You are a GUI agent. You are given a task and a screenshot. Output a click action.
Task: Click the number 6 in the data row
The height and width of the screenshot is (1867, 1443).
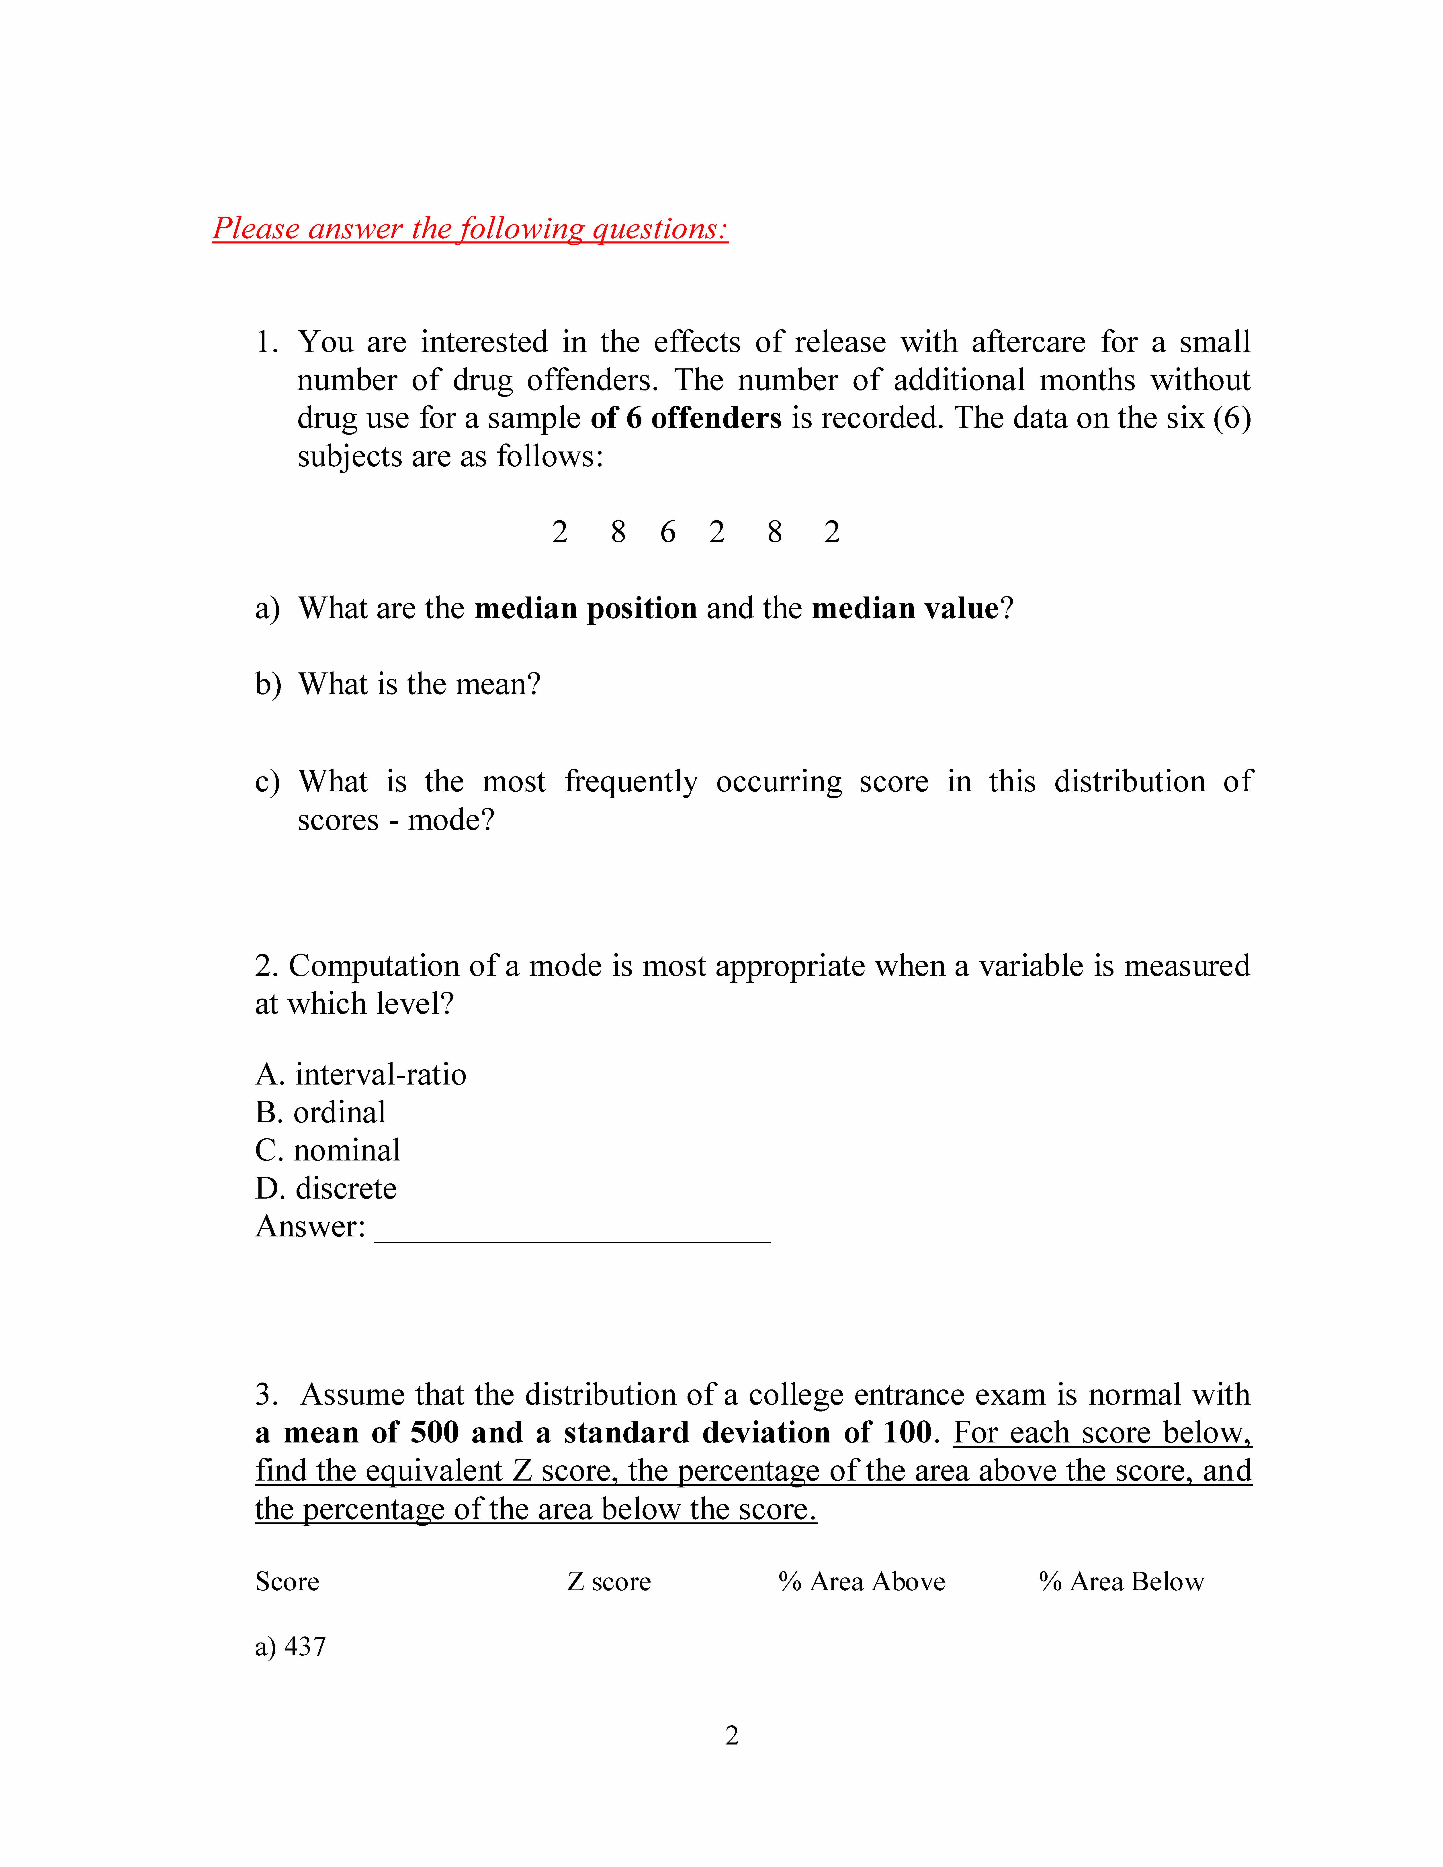[x=668, y=533]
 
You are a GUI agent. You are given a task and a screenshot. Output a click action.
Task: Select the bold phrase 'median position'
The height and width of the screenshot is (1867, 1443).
[x=585, y=609]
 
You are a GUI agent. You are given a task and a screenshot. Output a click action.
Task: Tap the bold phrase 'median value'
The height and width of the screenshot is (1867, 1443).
[x=905, y=609]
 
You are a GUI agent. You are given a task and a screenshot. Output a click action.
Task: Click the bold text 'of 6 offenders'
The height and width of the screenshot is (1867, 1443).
[x=686, y=418]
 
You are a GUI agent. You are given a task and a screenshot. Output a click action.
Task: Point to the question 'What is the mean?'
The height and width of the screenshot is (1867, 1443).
[x=419, y=685]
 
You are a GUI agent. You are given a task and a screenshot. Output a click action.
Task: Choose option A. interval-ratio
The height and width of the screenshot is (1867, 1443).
[x=361, y=1074]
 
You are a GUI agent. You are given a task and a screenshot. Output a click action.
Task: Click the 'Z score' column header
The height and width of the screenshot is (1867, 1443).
[x=609, y=1582]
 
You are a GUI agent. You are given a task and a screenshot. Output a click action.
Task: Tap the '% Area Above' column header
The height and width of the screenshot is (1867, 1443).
[x=862, y=1582]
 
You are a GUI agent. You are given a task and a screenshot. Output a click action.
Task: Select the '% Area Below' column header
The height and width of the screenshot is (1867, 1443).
[x=1121, y=1582]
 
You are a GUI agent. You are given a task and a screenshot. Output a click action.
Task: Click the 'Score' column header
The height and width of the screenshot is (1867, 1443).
[x=287, y=1582]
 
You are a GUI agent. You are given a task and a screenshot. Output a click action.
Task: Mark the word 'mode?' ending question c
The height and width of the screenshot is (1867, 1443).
[x=451, y=821]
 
